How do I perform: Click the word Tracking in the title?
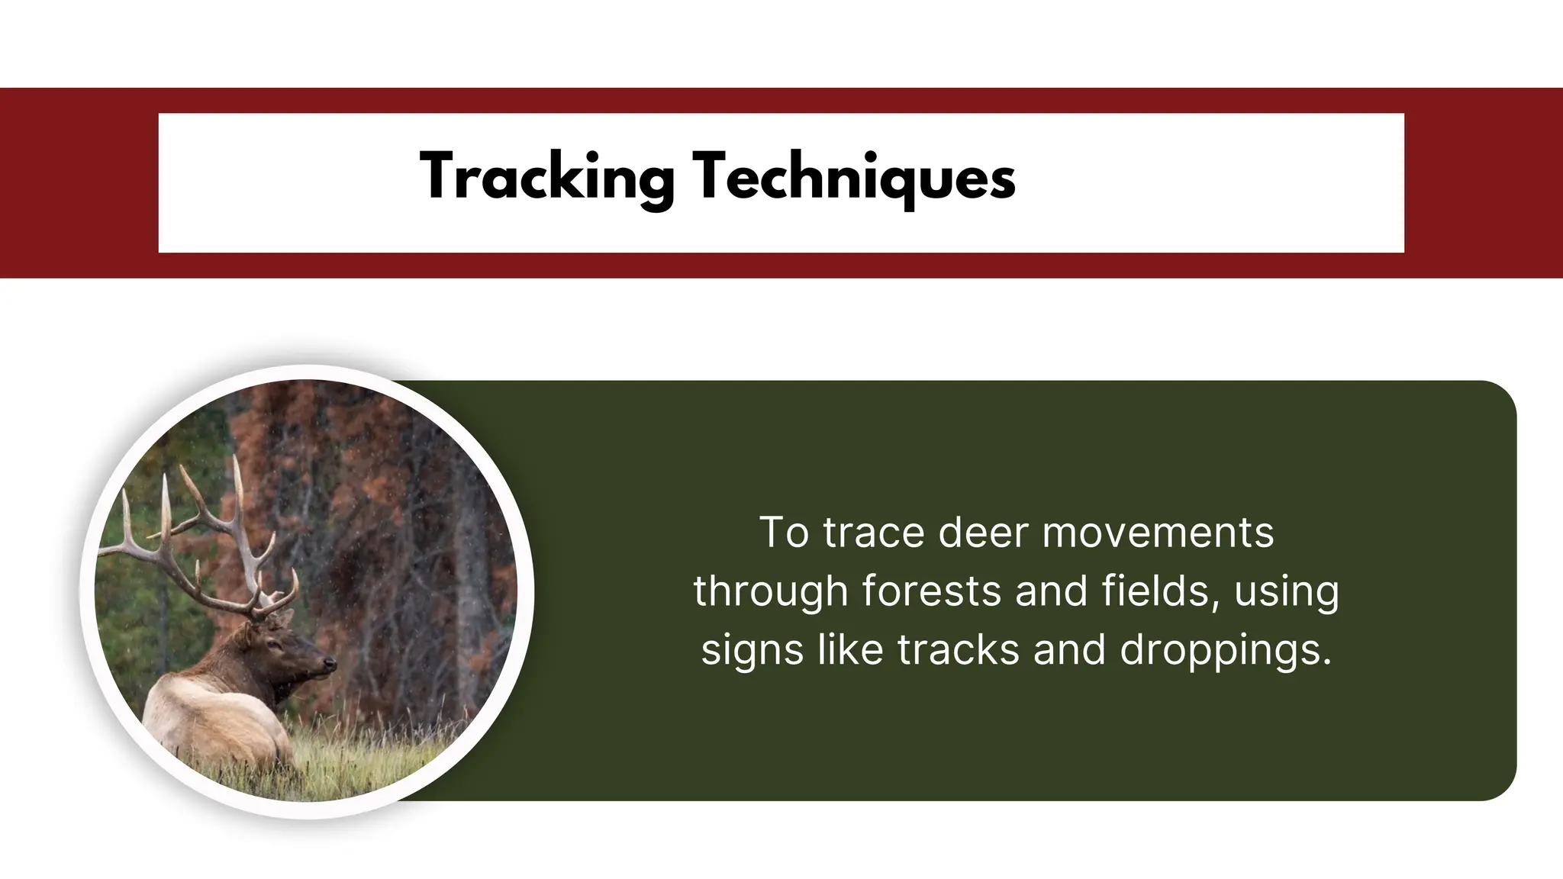click(547, 177)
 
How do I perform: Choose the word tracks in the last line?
click(958, 650)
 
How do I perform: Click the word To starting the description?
click(784, 533)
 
